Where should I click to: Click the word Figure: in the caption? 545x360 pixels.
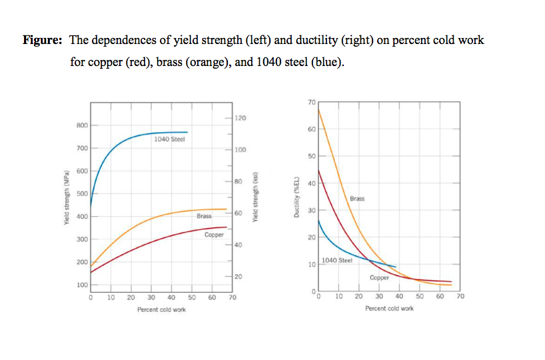pos(43,40)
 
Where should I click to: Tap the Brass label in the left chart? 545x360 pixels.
pos(204,216)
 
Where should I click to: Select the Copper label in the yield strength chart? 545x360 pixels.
pos(214,235)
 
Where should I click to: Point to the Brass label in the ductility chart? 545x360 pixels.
pos(357,199)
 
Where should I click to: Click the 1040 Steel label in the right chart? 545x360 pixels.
pos(336,260)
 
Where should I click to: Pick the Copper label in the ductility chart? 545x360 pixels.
pos(378,277)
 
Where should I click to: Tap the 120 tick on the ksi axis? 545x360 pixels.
pos(241,118)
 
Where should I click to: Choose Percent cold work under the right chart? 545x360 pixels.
pos(389,309)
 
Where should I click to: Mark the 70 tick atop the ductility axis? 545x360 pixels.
pos(312,102)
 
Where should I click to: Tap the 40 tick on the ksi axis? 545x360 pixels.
pos(239,245)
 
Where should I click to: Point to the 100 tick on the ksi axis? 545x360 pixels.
pos(241,149)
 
